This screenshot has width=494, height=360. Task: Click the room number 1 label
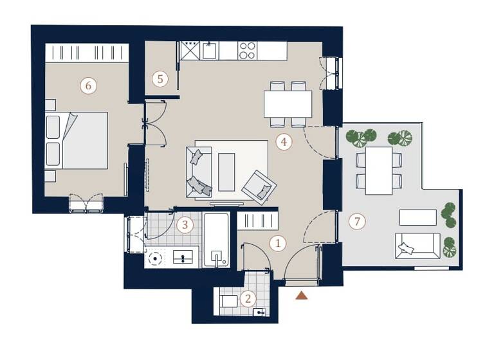tap(278, 244)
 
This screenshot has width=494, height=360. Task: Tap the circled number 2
tap(247, 298)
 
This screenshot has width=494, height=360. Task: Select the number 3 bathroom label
tap(185, 225)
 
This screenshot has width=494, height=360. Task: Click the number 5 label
tap(160, 79)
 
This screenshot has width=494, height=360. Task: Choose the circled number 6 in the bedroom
tap(88, 85)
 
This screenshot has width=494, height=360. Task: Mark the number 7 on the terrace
tap(357, 222)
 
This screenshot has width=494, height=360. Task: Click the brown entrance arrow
tap(301, 295)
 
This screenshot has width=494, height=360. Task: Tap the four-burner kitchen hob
tap(248, 51)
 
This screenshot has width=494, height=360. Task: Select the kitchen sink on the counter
tap(209, 51)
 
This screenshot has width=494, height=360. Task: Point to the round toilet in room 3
tap(154, 258)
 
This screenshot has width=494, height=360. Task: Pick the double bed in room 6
tap(77, 141)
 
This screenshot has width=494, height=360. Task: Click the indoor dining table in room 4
tap(288, 104)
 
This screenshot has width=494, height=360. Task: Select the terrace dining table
tap(379, 170)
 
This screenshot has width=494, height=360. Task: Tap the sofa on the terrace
tap(417, 246)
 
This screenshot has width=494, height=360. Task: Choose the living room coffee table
tap(226, 172)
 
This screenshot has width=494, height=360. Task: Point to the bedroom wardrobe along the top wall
tap(86, 53)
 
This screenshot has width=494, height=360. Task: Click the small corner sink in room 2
tap(260, 312)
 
